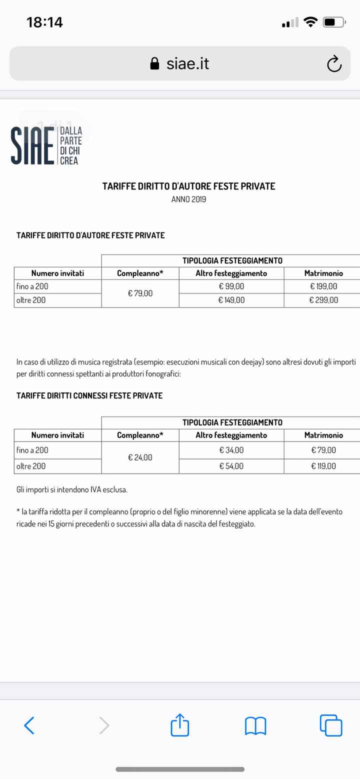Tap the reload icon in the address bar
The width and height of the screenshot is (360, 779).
333,63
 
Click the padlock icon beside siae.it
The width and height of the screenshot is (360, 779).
155,63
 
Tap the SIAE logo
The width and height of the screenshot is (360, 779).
46,145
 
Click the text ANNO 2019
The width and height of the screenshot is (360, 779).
188,199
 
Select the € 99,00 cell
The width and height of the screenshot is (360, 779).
231,286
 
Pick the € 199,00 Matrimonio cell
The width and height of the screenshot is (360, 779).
323,286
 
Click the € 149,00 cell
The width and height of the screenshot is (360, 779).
231,300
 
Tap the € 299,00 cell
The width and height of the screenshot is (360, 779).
323,300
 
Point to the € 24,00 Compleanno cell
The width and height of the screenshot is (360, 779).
140,457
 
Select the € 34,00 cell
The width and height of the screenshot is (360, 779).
231,450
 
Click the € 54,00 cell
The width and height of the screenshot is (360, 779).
231,466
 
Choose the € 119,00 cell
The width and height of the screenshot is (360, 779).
323,466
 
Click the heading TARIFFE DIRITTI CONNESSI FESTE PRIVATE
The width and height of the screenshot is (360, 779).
89,395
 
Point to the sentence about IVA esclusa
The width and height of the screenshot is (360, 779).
72,489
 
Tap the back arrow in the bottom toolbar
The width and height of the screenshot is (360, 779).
29,725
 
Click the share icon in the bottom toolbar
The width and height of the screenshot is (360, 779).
180,724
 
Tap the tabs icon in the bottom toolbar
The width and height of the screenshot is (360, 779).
331,725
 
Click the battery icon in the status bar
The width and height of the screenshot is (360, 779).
334,22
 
